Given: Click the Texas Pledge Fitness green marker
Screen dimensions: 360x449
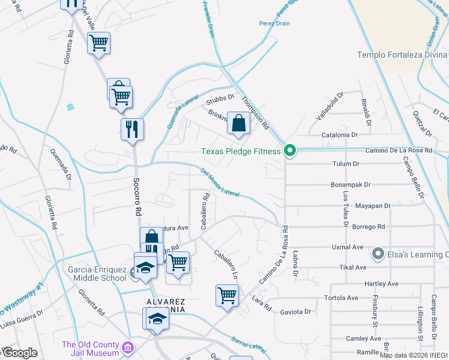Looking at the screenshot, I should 289,151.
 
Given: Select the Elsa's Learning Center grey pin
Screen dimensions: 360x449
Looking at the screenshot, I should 378,254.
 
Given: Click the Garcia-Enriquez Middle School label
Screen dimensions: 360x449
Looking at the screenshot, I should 96,275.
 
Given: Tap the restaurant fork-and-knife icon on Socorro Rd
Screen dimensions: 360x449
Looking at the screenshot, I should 131,128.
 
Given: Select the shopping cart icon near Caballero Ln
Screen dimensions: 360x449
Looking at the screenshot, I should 227,295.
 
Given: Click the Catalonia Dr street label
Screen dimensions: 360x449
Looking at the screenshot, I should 340,136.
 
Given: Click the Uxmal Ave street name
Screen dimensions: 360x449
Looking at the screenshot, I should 348,247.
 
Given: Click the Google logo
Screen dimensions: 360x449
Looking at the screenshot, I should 20,353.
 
